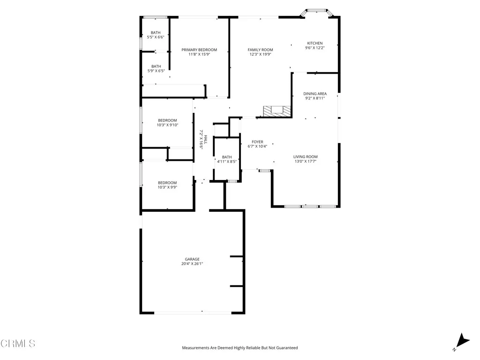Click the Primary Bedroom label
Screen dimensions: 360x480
[199, 50]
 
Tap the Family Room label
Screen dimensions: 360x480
[260, 50]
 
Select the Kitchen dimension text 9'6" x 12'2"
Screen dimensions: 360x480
[315, 48]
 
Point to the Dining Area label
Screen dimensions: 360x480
[315, 94]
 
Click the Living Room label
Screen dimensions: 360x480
[306, 157]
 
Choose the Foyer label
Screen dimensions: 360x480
[257, 142]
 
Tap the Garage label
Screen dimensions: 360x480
[192, 259]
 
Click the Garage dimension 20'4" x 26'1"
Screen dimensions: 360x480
[192, 264]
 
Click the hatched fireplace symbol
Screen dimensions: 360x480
[277, 111]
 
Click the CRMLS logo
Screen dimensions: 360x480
[18, 344]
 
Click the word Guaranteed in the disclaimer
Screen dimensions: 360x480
[286, 348]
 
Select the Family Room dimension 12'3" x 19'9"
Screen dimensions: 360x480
[260, 54]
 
